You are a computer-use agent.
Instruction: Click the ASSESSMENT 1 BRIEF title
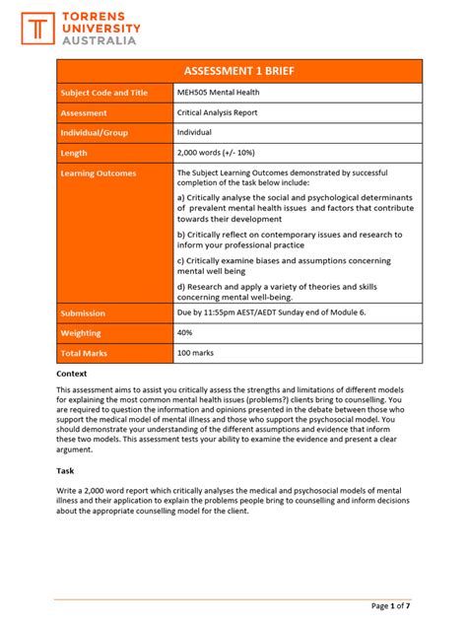click(x=239, y=71)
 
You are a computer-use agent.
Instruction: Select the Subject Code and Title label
click(x=104, y=93)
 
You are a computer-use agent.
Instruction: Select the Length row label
click(x=75, y=153)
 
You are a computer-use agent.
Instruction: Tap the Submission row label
click(x=84, y=313)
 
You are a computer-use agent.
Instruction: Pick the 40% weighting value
click(x=185, y=333)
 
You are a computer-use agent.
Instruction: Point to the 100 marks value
click(x=195, y=353)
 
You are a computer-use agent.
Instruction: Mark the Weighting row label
click(x=83, y=333)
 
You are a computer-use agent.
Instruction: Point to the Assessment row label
click(x=85, y=112)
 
